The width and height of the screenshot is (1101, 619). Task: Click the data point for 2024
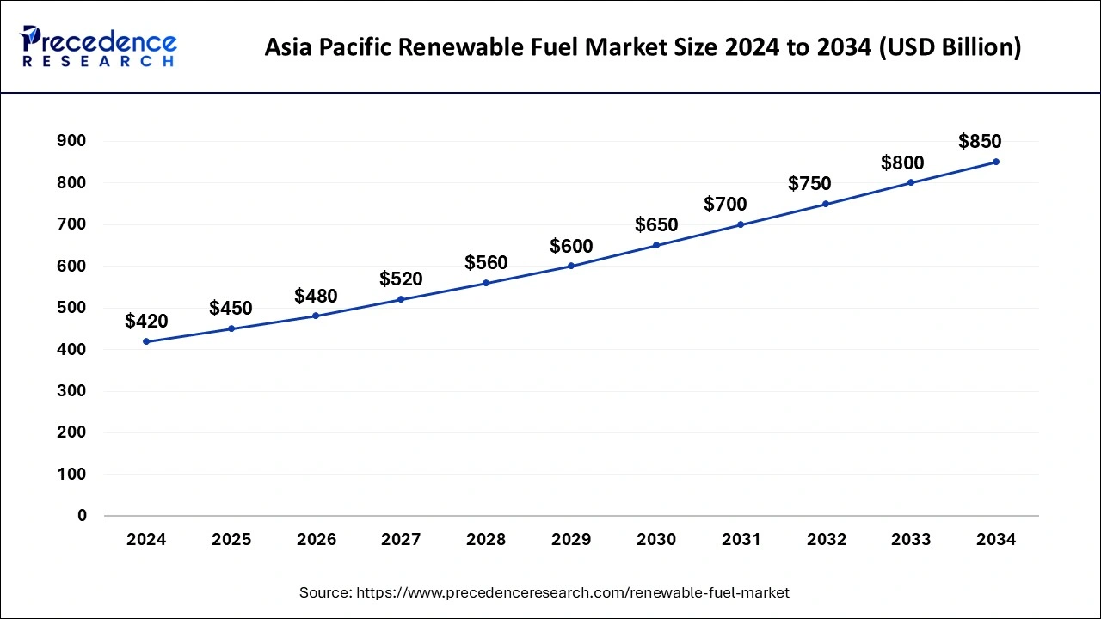[x=146, y=341]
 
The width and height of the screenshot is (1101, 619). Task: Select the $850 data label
[x=980, y=142]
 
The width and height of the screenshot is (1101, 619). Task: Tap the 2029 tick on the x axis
[x=571, y=540]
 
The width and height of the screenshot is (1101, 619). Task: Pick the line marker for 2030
[x=656, y=245]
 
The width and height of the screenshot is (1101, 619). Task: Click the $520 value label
[x=401, y=279]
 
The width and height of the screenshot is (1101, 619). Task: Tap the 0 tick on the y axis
[x=83, y=516]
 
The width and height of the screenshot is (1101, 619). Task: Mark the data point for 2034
[x=996, y=162]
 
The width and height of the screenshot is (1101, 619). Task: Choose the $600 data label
[x=571, y=247]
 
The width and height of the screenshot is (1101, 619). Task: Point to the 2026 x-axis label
[x=317, y=540]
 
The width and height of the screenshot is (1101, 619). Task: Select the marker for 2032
[x=826, y=204]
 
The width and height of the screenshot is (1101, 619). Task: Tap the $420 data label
[x=146, y=322]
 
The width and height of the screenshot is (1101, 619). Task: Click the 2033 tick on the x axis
[x=911, y=540]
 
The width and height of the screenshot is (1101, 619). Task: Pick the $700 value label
[x=725, y=205]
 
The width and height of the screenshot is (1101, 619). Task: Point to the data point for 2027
[x=401, y=299]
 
